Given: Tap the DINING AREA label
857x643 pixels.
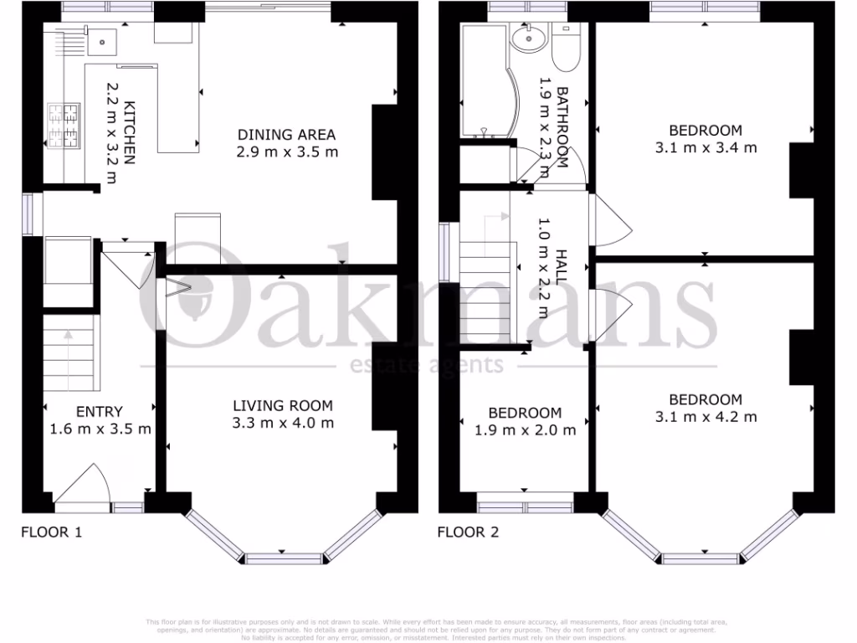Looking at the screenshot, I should pyautogui.click(x=287, y=135).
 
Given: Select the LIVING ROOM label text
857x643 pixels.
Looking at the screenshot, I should pyautogui.click(x=283, y=406).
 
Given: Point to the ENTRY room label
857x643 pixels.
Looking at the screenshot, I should pyautogui.click(x=100, y=412).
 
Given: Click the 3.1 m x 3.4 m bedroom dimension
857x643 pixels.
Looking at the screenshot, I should pyautogui.click(x=705, y=148).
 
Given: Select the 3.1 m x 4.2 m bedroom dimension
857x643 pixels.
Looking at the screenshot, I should pyautogui.click(x=705, y=416).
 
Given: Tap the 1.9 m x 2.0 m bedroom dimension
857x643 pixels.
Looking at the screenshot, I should pyautogui.click(x=524, y=430).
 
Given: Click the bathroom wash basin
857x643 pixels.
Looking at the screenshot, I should pyautogui.click(x=529, y=37).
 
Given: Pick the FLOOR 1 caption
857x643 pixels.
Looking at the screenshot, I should pyautogui.click(x=50, y=531).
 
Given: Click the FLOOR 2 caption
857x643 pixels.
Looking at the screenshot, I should pyautogui.click(x=468, y=531).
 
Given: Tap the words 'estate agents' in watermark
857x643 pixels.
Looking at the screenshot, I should pyautogui.click(x=426, y=365).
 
